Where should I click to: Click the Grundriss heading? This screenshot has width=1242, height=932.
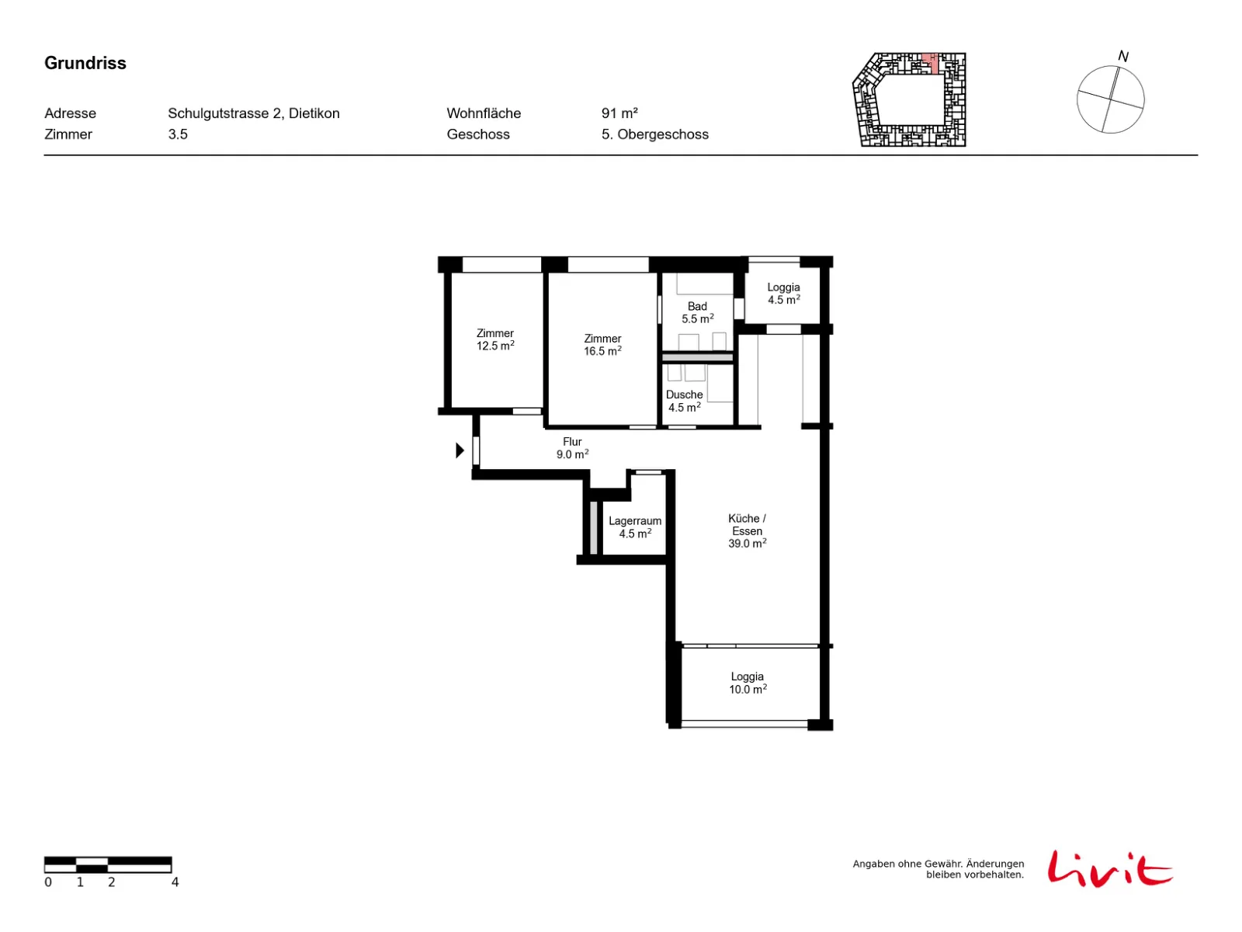point(85,63)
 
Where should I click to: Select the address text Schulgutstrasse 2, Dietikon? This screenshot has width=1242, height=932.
point(254,113)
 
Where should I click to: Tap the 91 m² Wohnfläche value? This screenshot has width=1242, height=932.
point(619,113)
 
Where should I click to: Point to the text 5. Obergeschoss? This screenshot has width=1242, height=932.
point(654,134)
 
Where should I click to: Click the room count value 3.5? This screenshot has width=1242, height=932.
point(177,134)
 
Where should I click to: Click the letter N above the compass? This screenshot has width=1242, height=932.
point(1122,56)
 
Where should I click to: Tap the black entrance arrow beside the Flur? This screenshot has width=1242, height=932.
point(460,450)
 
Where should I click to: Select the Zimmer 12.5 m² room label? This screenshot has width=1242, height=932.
point(494,339)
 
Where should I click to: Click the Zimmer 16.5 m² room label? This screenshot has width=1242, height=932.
point(602,344)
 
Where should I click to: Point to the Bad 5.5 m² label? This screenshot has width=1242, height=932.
point(696,311)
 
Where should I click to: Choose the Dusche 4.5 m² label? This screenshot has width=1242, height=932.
point(684,400)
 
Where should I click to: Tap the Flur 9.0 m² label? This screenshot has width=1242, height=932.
point(571,447)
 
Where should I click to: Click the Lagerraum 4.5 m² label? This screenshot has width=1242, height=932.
point(634,527)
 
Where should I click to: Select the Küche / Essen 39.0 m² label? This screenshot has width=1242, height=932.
point(746,530)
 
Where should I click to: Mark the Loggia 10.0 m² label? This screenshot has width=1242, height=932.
point(747,682)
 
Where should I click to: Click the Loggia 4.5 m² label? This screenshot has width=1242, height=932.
point(783,293)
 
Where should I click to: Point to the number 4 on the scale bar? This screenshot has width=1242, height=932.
point(175,881)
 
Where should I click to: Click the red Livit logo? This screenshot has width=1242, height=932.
point(1109,868)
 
